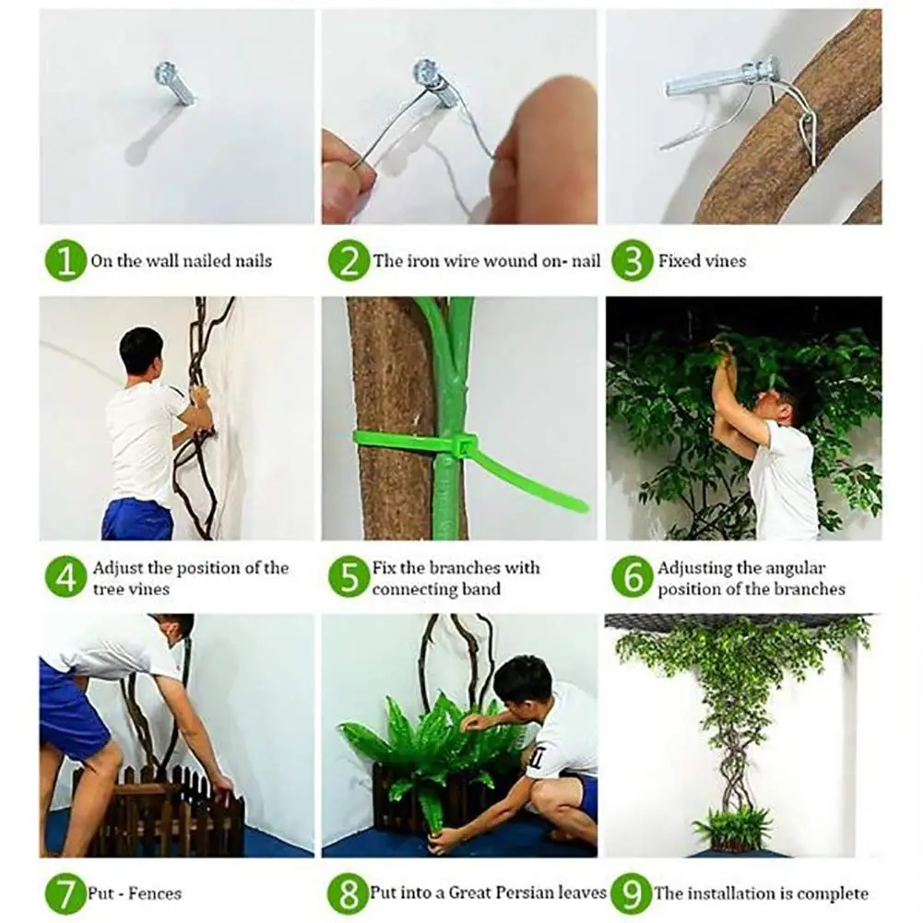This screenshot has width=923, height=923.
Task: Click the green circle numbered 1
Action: pyautogui.click(x=65, y=261)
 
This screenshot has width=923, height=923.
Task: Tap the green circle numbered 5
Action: pyautogui.click(x=349, y=577)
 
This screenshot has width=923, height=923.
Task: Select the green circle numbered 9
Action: pyautogui.click(x=632, y=893)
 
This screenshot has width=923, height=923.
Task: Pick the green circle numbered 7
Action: pyautogui.click(x=65, y=893)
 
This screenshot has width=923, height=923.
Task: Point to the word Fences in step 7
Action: pyautogui.click(x=155, y=893)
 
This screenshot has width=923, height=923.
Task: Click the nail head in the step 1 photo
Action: pyautogui.click(x=164, y=74)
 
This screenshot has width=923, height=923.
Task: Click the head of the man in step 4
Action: pyautogui.click(x=141, y=354)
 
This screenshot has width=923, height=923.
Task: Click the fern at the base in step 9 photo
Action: pyautogui.click(x=732, y=824)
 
